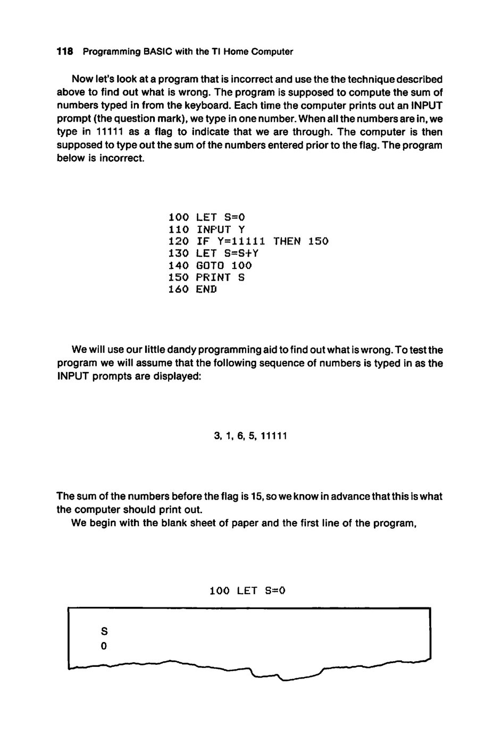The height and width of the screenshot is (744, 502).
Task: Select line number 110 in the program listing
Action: click(179, 230)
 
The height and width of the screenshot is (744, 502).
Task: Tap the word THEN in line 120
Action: click(287, 241)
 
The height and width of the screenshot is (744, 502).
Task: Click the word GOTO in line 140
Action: click(210, 265)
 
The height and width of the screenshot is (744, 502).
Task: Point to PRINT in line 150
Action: click(213, 277)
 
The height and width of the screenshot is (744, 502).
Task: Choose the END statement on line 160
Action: click(207, 290)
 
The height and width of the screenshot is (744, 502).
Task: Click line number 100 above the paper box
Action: click(220, 590)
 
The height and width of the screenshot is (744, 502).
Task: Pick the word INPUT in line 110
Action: click(213, 230)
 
